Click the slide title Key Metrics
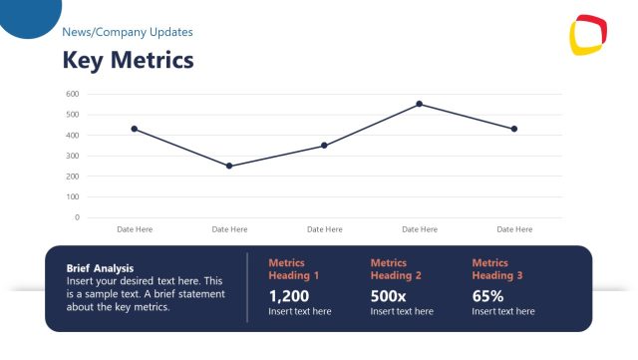128,61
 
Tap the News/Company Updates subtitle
128,32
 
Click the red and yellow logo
588,36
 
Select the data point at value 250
229,166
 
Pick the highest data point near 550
419,104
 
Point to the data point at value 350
324,146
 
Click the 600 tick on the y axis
72,94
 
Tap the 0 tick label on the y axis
76,217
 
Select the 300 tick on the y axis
72,156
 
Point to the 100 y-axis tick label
72,196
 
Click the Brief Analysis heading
100,268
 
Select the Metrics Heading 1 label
294,269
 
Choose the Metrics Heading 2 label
396,269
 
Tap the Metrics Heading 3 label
497,269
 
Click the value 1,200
289,296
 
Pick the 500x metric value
388,296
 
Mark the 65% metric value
487,296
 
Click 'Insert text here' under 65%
503,312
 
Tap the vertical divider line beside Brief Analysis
247,288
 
